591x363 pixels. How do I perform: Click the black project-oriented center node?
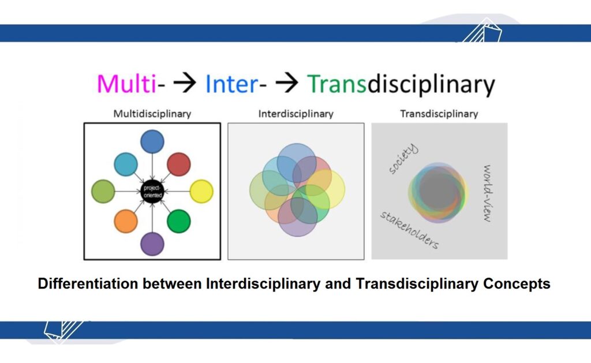(152, 192)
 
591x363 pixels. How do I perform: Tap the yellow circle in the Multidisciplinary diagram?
(201, 192)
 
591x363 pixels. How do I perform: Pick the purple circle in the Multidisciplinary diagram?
(152, 242)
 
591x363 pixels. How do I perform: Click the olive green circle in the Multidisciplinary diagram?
(103, 192)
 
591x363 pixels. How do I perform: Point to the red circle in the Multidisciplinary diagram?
(179, 164)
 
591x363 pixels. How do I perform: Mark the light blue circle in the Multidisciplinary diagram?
(126, 164)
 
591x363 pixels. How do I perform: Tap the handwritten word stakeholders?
(409, 230)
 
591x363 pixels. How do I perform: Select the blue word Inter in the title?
(231, 84)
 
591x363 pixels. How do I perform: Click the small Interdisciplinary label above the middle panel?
(295, 114)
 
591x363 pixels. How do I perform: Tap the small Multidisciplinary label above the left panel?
(152, 114)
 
